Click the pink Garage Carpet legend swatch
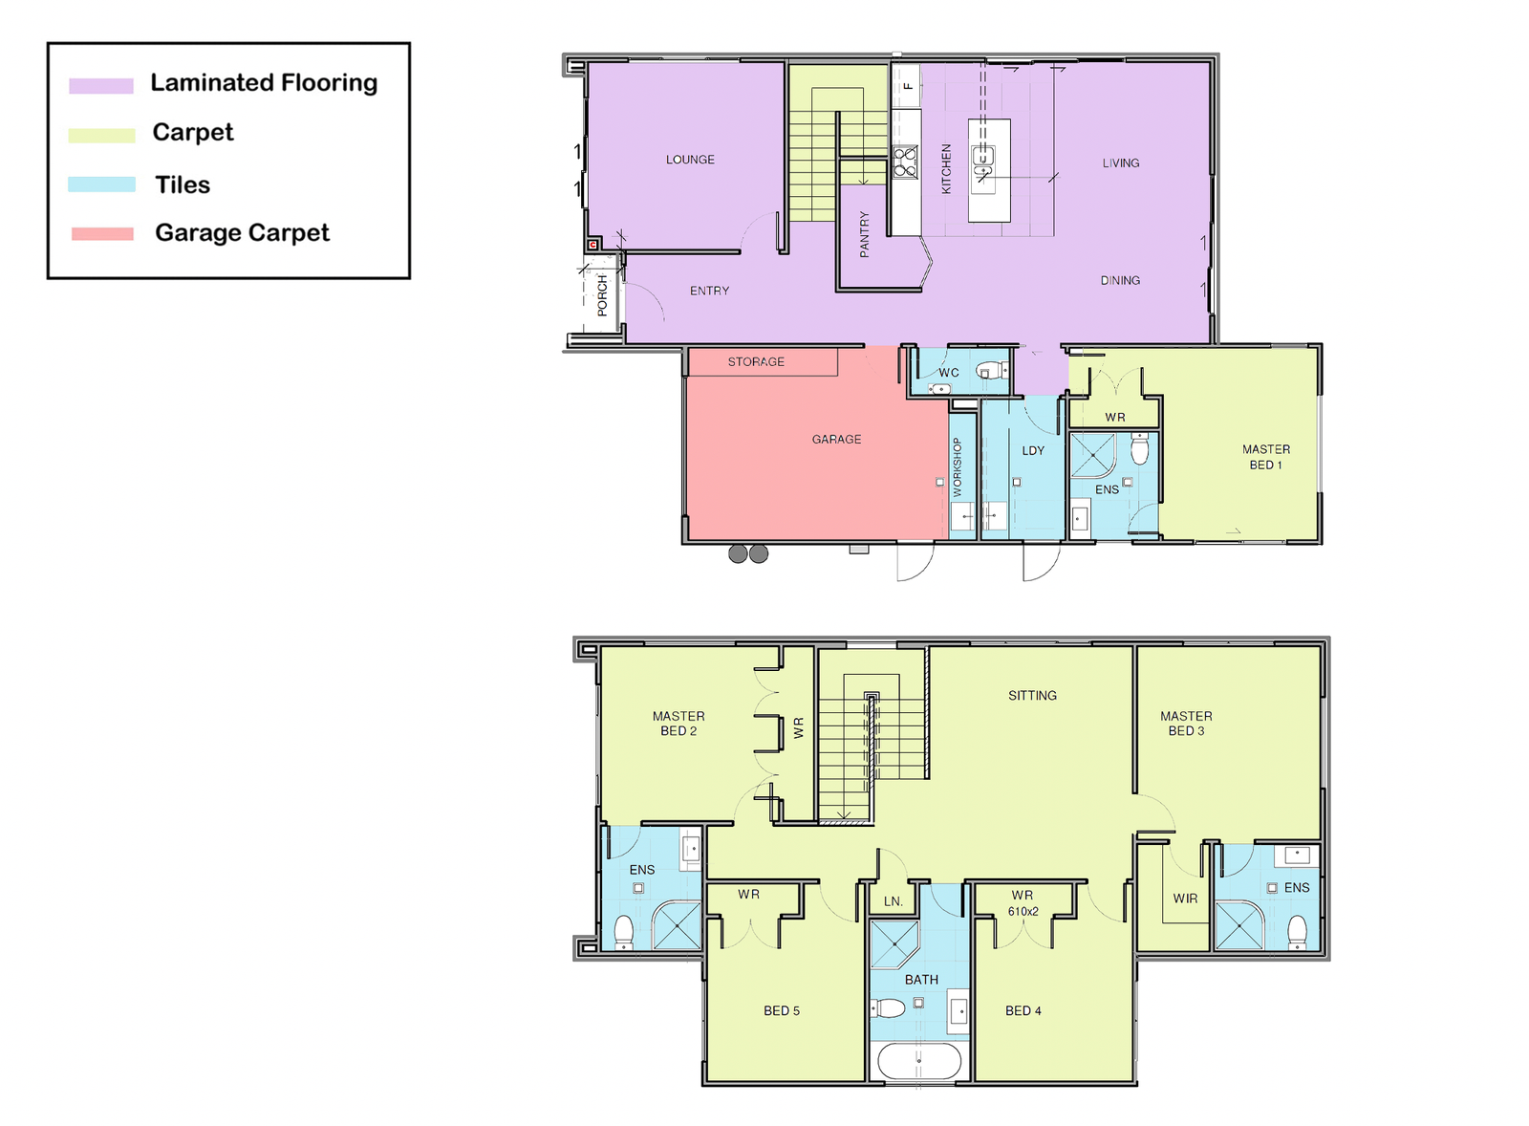pos(102,234)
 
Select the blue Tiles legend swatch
pos(101,184)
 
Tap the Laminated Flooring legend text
pos(264,82)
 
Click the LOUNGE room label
pos(690,159)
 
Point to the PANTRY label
pos(864,234)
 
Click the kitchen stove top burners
pos(906,162)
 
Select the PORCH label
pos(602,295)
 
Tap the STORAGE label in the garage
pos(756,362)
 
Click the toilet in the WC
pos(991,371)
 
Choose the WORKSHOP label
pos(957,467)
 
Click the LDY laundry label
pos(1033,450)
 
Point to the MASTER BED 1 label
pos(1265,457)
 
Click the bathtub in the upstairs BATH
pos(918,1060)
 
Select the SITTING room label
pos(1032,695)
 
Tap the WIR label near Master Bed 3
pos(1185,899)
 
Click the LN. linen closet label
pos(893,901)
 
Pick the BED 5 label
pos(782,1010)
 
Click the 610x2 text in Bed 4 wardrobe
pos(1023,912)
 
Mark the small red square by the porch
pos(593,245)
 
